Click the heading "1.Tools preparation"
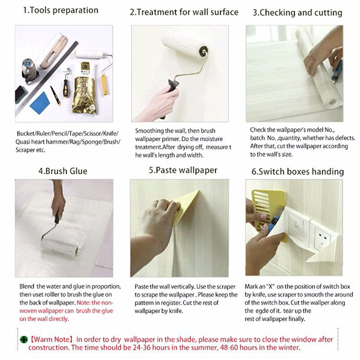click(61, 10)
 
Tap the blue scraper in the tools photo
click(40, 103)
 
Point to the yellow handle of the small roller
click(104, 85)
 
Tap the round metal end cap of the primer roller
click(204, 50)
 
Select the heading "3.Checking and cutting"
click(297, 13)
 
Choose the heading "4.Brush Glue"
click(63, 171)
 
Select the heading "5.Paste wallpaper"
click(183, 171)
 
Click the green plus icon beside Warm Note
click(24, 339)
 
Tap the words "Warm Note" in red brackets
click(51, 339)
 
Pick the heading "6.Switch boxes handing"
click(297, 172)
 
